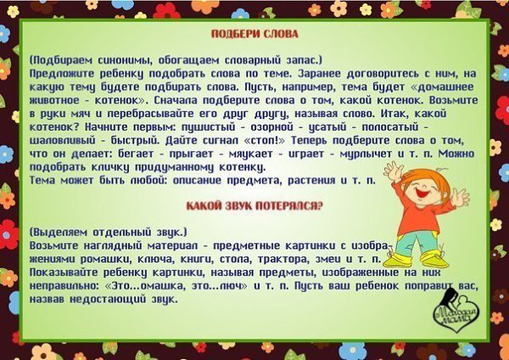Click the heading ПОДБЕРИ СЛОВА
tap(255, 34)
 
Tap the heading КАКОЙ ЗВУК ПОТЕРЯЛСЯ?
tap(255, 206)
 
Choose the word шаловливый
tap(63, 141)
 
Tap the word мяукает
tap(250, 154)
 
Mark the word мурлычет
tap(366, 154)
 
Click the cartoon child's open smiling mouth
tap(423, 193)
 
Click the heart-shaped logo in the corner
tap(456, 311)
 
